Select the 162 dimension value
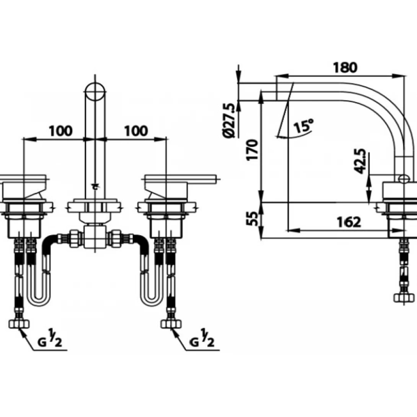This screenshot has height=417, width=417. point(349,222)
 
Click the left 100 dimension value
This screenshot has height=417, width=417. point(60,131)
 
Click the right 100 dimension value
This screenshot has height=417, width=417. point(135,131)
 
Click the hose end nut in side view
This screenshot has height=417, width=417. point(404,296)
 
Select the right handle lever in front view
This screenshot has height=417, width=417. point(180,178)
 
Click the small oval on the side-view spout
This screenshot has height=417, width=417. point(402,178)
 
